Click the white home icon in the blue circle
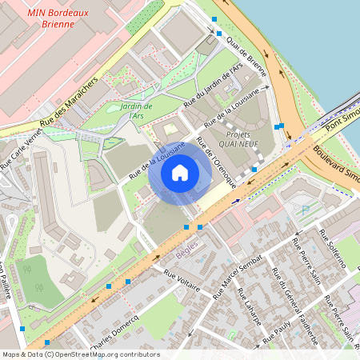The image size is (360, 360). point(180,172)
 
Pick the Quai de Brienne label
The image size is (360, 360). point(246,55)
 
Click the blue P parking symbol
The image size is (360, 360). point(304,210)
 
